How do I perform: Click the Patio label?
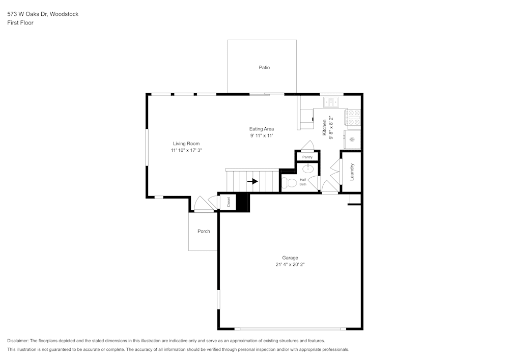pyautogui.click(x=264, y=67)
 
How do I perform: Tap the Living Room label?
pyautogui.click(x=186, y=144)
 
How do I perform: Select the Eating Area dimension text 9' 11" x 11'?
pyautogui.click(x=261, y=136)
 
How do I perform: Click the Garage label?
pyautogui.click(x=290, y=258)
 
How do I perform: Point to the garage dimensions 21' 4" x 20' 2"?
pyautogui.click(x=290, y=265)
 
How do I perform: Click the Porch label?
pyautogui.click(x=204, y=231)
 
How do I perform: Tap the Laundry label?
pyautogui.click(x=351, y=172)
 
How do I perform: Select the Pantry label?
pyautogui.click(x=307, y=157)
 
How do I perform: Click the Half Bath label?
pyautogui.click(x=303, y=182)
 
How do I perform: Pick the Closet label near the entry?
pyautogui.click(x=229, y=202)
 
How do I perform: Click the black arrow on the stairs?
pyautogui.click(x=253, y=181)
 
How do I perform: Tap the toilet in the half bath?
pyautogui.click(x=290, y=183)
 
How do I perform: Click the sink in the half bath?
pyautogui.click(x=308, y=169)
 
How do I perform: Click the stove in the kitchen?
pyautogui.click(x=353, y=118)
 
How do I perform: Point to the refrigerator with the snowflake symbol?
pyautogui.click(x=352, y=139)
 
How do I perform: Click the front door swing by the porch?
pyautogui.click(x=203, y=204)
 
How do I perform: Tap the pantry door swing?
pyautogui.click(x=308, y=146)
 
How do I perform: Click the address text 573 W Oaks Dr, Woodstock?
pyautogui.click(x=43, y=14)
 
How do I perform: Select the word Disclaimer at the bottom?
pyautogui.click(x=18, y=341)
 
